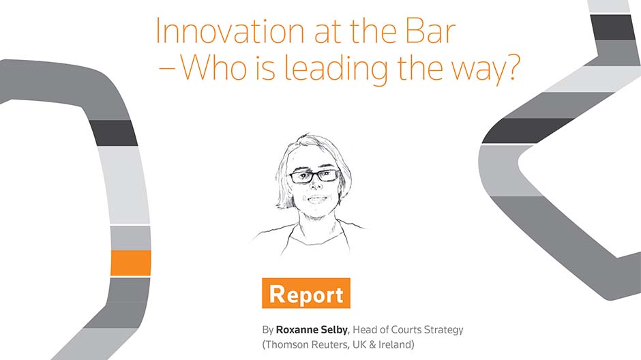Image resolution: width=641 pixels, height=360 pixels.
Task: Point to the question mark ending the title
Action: point(512,67)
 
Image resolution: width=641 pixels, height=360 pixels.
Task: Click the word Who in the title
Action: point(214,67)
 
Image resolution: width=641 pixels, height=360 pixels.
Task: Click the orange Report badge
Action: point(306,293)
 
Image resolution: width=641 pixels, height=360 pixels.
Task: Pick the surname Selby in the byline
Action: point(334,330)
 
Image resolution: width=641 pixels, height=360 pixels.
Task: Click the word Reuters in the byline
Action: point(330,344)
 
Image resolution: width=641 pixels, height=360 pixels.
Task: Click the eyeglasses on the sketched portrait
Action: point(314,176)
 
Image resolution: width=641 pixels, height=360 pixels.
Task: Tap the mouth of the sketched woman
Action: point(317,200)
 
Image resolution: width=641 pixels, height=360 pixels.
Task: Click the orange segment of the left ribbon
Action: point(131,263)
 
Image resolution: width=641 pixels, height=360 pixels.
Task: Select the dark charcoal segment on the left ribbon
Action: point(113,133)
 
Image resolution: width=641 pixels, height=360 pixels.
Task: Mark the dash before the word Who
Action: point(167,69)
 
